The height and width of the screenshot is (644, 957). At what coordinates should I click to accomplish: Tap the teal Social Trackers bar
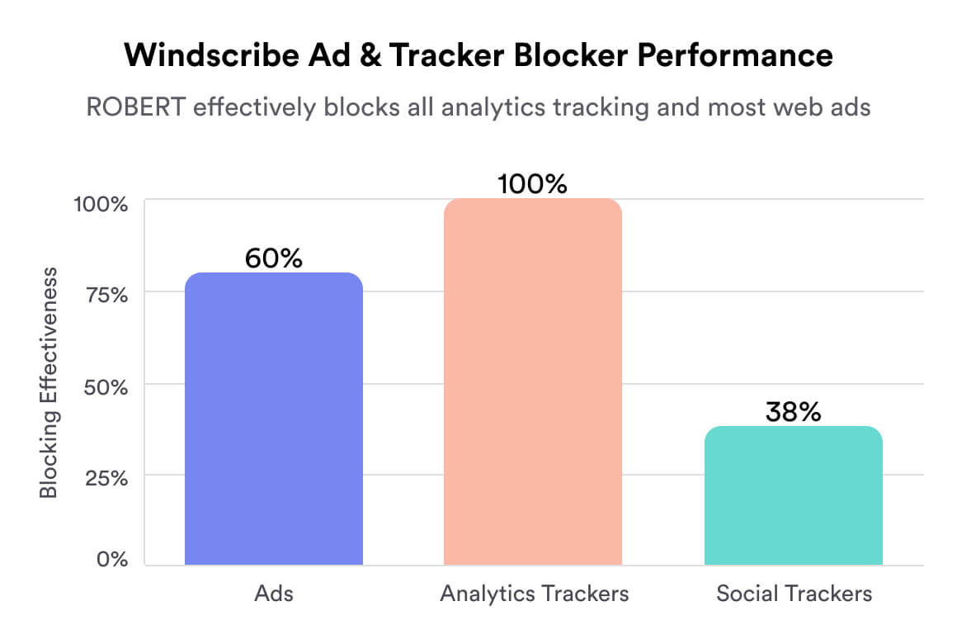click(793, 495)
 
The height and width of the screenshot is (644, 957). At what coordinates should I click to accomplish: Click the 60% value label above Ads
click(274, 258)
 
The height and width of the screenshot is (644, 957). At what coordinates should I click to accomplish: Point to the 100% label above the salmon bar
click(533, 184)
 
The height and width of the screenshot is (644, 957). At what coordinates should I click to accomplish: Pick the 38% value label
click(793, 412)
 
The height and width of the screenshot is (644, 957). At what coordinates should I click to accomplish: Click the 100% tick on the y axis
click(100, 203)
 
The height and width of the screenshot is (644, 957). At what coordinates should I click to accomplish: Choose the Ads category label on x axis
click(274, 594)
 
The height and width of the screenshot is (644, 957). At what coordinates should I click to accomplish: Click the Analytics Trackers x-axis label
click(534, 594)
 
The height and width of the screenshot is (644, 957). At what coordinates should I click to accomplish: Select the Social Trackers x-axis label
click(794, 594)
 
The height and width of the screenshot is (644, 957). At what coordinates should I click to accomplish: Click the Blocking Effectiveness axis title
click(49, 381)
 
